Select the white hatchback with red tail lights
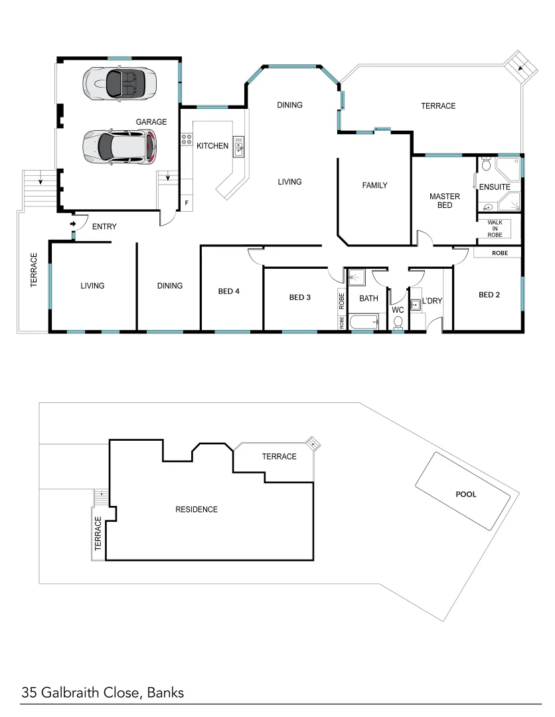[120, 146]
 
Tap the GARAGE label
[151, 122]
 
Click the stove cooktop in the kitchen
[187, 140]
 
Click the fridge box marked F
[187, 202]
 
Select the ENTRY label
[104, 227]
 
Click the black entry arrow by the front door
[73, 224]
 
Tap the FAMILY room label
[374, 186]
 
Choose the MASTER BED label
[444, 201]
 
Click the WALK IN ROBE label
[495, 228]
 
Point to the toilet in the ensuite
[485, 164]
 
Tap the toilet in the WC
[398, 322]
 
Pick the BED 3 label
[300, 297]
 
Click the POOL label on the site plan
[465, 495]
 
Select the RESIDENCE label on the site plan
[196, 510]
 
